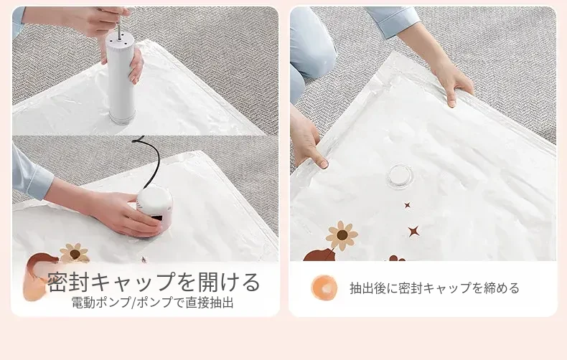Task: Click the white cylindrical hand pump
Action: [121, 78]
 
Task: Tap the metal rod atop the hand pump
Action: [118, 21]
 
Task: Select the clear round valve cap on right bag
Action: [400, 175]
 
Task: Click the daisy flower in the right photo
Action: [342, 236]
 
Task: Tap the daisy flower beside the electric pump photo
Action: [75, 254]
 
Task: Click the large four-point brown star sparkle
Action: [413, 231]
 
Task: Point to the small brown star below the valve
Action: [408, 205]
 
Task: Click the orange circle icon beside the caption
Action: [324, 288]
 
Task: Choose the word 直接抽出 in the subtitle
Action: [210, 303]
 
